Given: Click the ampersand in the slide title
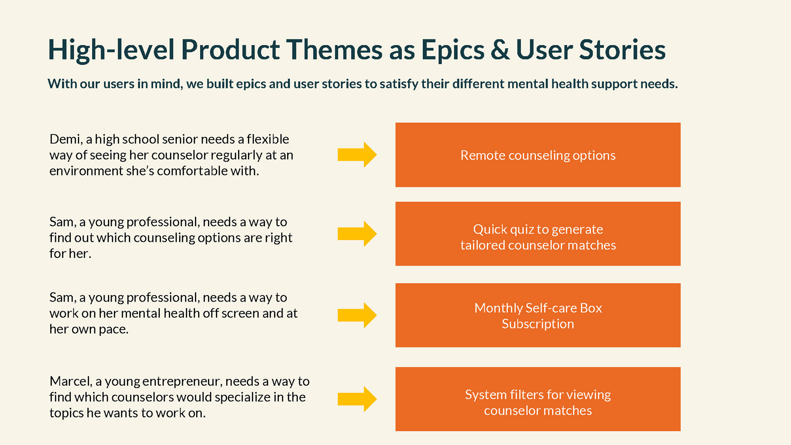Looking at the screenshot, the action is [x=500, y=50].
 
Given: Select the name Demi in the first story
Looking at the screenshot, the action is [x=66, y=139].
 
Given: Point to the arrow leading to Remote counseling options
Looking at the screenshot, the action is [x=357, y=155].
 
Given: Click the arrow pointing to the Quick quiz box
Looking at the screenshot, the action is [x=357, y=234].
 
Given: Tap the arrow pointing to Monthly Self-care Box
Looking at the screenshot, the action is [x=357, y=315].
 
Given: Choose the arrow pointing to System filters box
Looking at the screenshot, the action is [x=357, y=399].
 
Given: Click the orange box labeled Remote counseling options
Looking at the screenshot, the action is [x=538, y=155].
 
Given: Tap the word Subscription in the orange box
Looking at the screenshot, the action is [x=538, y=324].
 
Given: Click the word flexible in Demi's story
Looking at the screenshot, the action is [x=268, y=139].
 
